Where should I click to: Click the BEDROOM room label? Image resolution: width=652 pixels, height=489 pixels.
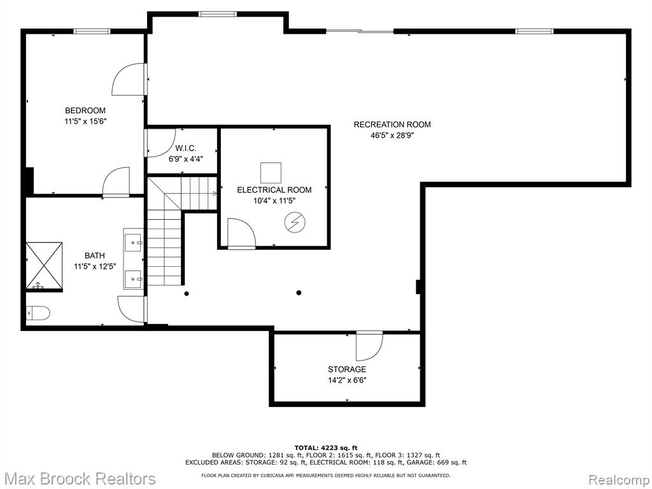click(x=85, y=111)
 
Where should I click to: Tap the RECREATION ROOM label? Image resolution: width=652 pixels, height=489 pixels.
click(x=392, y=124)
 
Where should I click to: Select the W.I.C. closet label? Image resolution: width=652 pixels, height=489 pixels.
click(x=185, y=148)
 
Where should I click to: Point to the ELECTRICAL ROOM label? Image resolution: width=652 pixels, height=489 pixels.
click(x=274, y=190)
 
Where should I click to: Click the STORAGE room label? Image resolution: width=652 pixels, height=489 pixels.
click(x=347, y=369)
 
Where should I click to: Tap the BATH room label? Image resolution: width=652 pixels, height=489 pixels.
click(x=95, y=256)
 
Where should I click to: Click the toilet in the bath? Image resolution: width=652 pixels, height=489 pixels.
click(x=38, y=312)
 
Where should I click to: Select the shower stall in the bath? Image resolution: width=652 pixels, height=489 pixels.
click(x=44, y=266)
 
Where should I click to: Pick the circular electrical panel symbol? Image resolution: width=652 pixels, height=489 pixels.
click(x=295, y=223)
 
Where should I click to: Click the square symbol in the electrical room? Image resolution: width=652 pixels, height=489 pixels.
click(x=271, y=173)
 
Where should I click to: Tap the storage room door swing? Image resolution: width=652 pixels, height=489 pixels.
click(x=369, y=346)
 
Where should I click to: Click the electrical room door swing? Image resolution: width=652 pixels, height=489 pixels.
click(x=241, y=234)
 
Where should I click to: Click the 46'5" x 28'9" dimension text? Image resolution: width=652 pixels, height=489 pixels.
click(x=392, y=135)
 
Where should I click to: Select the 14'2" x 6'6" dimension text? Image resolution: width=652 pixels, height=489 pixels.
click(x=347, y=380)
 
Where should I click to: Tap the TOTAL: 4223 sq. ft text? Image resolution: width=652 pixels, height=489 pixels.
click(x=326, y=448)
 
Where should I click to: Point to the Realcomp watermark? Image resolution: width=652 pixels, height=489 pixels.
click(x=619, y=479)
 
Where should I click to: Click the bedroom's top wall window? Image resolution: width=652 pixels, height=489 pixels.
click(x=92, y=31)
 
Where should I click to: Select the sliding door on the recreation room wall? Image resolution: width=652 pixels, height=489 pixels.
click(x=360, y=31)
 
